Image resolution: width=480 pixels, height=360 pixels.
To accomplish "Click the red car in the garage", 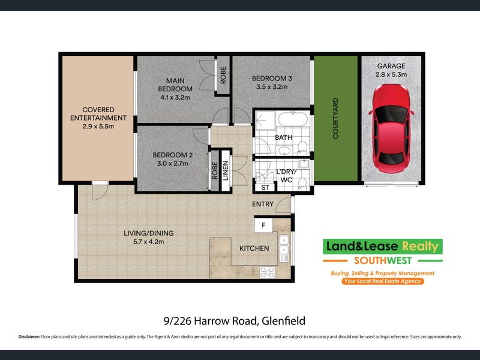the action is pos(391,128).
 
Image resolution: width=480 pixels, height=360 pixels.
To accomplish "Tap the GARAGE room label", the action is pos(391,66).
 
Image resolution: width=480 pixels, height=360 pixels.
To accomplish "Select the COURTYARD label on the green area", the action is pos(335,118).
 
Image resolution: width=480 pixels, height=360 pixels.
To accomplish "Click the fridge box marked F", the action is pos(263,226).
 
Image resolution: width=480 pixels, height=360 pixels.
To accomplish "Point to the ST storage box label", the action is pos(265,187).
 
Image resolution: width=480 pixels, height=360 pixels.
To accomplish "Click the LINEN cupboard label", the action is pos(226,171).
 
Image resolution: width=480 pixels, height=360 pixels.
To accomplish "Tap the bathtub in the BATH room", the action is pos(293,119).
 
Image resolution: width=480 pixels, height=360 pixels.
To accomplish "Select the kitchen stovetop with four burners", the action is pos(267,272).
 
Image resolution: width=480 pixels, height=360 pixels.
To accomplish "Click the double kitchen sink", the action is pos(284,248).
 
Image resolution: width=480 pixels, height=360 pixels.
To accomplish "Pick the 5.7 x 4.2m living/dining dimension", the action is pos(148,242).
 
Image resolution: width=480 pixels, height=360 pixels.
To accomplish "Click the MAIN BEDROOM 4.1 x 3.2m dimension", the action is pos(175,97).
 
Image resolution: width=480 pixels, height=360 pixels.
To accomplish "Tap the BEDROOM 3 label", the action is pos(272,79).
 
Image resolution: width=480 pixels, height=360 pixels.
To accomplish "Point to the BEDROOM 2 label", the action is pos(173,155).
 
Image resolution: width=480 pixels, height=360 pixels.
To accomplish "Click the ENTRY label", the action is pos(263,204).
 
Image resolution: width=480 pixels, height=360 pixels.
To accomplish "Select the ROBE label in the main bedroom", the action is pos(223,75).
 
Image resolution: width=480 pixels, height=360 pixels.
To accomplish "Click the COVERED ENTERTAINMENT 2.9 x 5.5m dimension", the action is pos(98,126).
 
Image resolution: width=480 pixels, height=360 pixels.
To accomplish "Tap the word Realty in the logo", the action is pos(420,247).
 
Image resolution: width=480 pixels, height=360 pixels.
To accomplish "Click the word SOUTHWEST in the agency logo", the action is pos(383,260).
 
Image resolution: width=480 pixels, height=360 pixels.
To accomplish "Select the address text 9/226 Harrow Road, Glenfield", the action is pos(235,321).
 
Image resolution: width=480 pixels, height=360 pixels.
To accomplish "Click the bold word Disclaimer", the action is pos(29,337).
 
